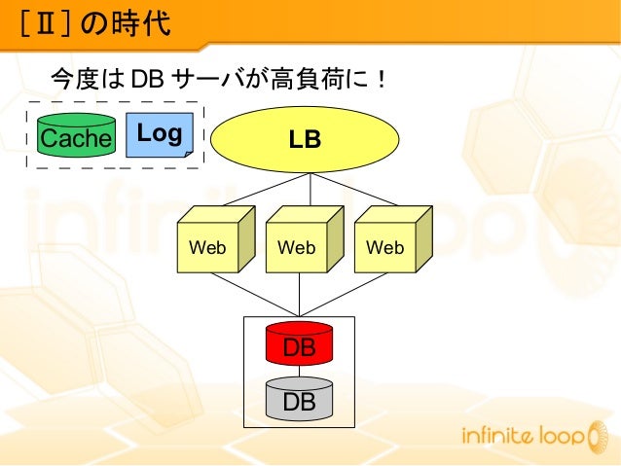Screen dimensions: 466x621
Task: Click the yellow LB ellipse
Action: [305, 139]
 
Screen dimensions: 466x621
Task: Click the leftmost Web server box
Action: [207, 247]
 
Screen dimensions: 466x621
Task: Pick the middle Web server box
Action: [297, 247]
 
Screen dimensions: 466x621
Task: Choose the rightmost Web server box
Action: [385, 247]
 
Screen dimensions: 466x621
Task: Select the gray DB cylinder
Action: [299, 399]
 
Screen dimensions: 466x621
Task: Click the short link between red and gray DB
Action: [300, 372]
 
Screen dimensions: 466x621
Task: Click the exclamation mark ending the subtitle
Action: [383, 77]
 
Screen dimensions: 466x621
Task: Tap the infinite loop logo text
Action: [521, 437]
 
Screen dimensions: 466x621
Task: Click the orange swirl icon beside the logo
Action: [596, 438]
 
